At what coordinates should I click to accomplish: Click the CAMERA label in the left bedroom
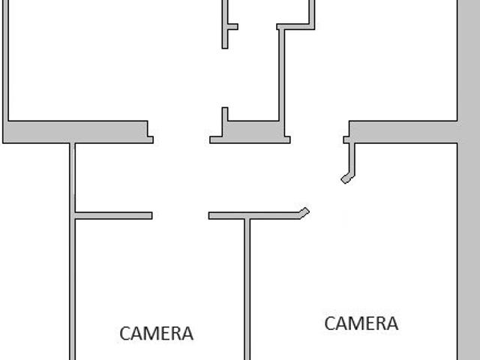coord(157,333)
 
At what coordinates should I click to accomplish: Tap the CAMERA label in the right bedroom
coord(361,323)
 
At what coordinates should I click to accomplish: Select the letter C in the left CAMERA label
coord(125,333)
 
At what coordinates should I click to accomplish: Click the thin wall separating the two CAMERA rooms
coord(247,289)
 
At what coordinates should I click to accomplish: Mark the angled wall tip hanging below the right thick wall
coord(347,178)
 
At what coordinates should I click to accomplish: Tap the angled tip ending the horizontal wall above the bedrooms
coord(304,212)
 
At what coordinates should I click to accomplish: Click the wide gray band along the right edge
coord(469,180)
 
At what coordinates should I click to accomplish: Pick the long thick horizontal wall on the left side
coord(78,132)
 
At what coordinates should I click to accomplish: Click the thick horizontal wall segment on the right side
coord(403,132)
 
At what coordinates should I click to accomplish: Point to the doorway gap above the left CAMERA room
coord(180,215)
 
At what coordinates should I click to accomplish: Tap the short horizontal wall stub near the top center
coord(232,27)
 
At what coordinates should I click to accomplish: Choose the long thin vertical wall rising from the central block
coord(282,75)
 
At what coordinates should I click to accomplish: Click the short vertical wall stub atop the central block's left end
coord(225,114)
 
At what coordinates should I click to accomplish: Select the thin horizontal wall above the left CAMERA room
coord(113,215)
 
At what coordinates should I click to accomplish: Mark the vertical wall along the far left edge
coord(5,61)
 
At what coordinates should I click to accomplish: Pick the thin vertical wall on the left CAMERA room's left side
coord(72,251)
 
